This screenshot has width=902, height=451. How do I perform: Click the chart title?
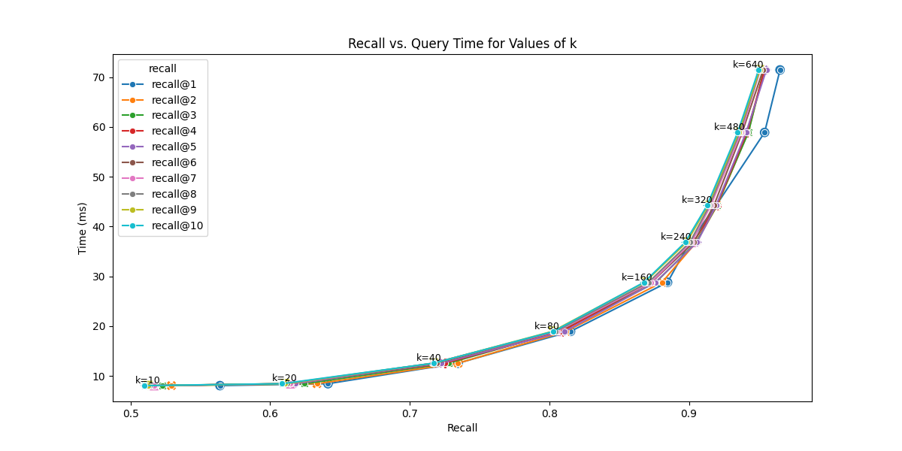[x=462, y=44]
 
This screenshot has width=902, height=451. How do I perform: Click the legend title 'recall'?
[x=162, y=68]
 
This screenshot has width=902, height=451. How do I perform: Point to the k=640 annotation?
[x=748, y=65]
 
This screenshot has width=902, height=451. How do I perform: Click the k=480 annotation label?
[x=729, y=127]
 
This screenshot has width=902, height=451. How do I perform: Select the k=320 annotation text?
[x=697, y=200]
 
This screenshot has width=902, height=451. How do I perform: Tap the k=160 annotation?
[x=637, y=277]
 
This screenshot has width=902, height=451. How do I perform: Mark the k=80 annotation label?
[x=546, y=326]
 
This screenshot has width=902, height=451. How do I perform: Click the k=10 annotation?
[x=147, y=380]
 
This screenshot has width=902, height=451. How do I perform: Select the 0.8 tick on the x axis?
[x=549, y=412]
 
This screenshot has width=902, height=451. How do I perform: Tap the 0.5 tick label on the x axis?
[x=131, y=412]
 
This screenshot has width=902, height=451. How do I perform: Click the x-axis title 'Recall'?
[x=462, y=428]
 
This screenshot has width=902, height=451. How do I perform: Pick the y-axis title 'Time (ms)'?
[x=83, y=228]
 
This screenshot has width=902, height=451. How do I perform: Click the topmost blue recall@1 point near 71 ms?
[x=780, y=70]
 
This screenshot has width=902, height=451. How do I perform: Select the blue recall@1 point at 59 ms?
[x=764, y=132]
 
